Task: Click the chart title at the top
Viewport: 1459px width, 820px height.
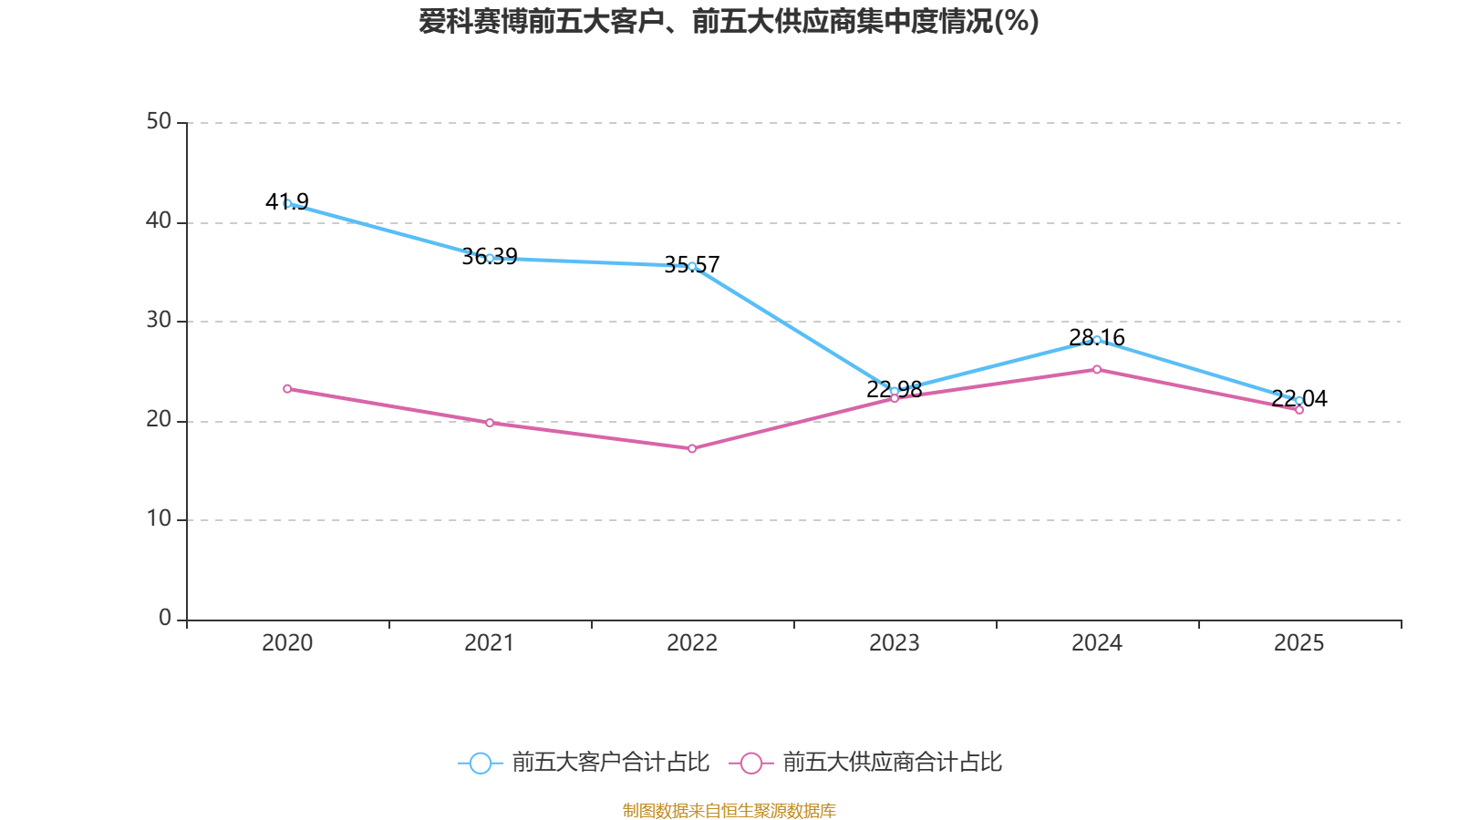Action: tap(729, 21)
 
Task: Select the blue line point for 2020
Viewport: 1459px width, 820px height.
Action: tap(287, 203)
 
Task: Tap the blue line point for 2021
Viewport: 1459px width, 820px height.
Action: tap(490, 258)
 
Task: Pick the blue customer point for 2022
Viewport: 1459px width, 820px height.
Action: tap(692, 266)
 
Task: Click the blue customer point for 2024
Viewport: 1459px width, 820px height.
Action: tap(1097, 340)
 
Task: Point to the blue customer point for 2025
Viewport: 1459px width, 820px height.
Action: tap(1299, 400)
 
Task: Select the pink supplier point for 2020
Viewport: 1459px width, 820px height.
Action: tap(287, 388)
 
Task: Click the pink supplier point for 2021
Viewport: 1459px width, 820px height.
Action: tap(490, 423)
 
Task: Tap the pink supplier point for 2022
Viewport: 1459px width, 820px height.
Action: tap(692, 448)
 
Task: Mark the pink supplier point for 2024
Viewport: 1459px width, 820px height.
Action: tap(1097, 369)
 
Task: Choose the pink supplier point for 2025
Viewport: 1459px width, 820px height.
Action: tap(1299, 410)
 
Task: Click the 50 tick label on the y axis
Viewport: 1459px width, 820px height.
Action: tap(159, 121)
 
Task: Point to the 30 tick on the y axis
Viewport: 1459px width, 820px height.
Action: tap(159, 320)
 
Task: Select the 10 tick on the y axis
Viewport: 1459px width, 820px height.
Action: tap(159, 518)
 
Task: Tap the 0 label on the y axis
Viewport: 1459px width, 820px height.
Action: tap(165, 618)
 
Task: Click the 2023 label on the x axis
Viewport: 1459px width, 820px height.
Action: tap(894, 643)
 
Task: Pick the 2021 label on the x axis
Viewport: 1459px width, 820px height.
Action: tap(490, 643)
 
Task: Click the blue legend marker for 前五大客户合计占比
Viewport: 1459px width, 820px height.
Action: tap(480, 763)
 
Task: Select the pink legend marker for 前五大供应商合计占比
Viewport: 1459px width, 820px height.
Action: tap(750, 763)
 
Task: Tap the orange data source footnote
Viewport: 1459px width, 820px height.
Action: tap(729, 810)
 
